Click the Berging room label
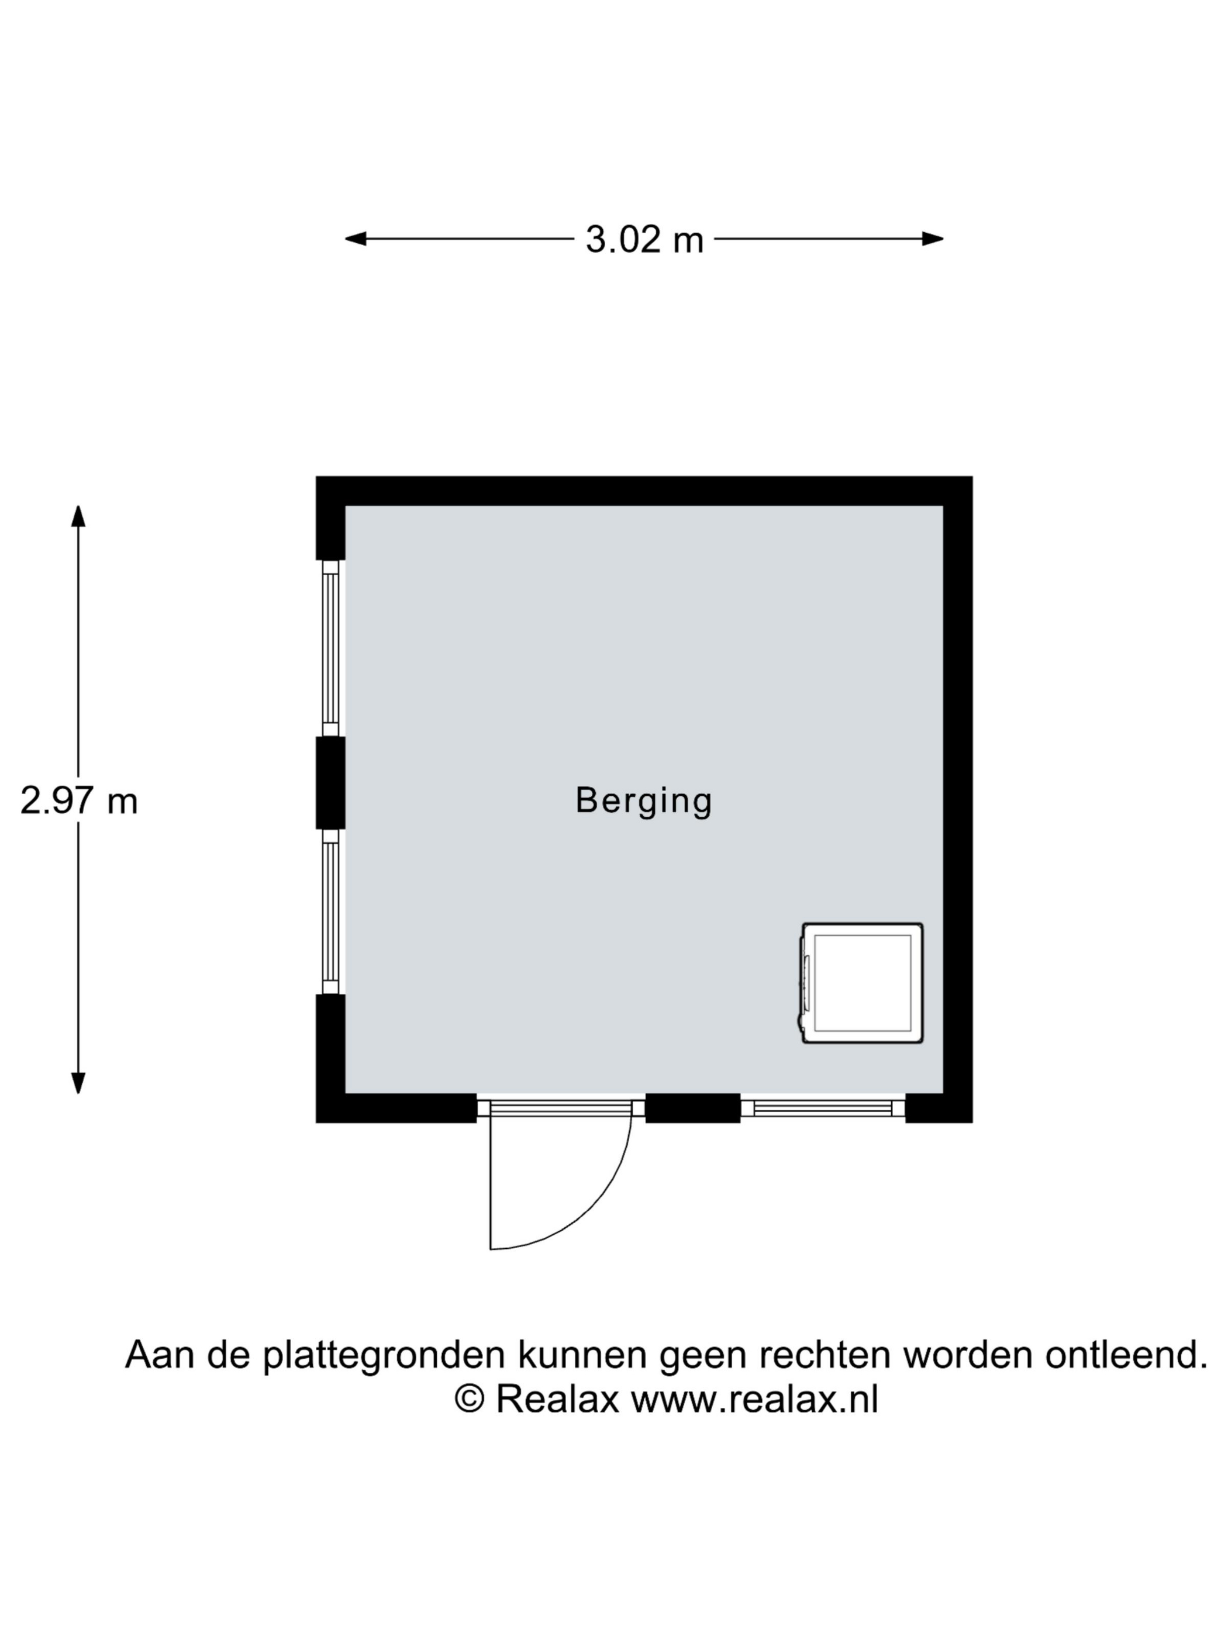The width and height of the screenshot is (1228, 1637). click(x=643, y=802)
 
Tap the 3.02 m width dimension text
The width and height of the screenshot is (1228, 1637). click(x=644, y=240)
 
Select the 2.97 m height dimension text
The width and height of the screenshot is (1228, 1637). click(x=78, y=802)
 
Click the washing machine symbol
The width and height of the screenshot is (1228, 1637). click(x=861, y=983)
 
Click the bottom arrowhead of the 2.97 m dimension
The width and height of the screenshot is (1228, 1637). click(x=78, y=1083)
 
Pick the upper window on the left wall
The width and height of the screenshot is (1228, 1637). click(x=331, y=648)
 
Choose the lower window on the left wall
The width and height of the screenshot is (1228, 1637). click(x=331, y=911)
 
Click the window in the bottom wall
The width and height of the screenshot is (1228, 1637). click(x=822, y=1108)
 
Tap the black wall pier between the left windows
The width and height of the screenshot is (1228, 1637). click(x=330, y=783)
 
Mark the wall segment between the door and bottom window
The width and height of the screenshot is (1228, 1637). click(x=692, y=1108)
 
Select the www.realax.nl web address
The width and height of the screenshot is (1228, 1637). click(x=754, y=1400)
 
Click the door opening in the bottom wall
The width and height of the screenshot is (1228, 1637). click(x=560, y=1108)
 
